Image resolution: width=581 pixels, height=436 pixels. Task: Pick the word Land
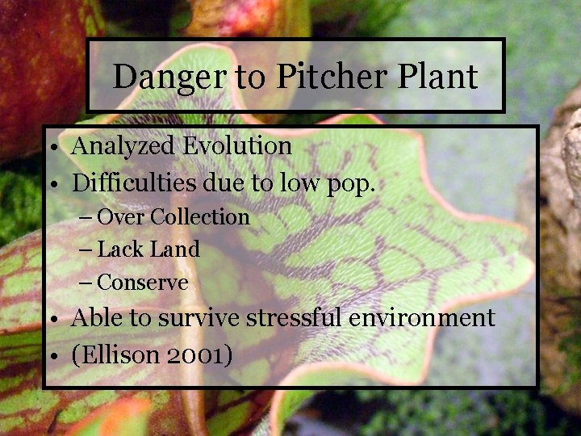175,249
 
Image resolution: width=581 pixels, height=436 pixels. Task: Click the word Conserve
142,283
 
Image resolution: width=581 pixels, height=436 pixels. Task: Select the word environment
422,318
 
